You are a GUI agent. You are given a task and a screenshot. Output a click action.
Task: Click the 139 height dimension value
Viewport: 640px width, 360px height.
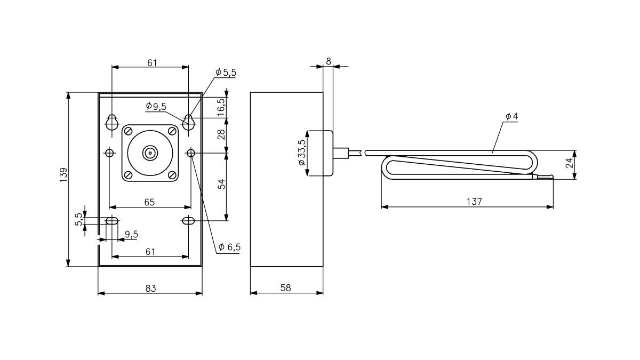63,176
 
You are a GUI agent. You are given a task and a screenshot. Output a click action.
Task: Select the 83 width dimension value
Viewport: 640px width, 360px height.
150,288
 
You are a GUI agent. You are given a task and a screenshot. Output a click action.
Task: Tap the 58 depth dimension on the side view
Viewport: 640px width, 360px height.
286,288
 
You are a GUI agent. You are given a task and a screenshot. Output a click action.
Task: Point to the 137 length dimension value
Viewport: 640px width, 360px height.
474,202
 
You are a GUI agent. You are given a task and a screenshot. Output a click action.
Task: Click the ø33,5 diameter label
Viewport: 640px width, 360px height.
302,153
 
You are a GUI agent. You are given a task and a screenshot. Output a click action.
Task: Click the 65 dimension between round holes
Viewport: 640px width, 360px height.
149,202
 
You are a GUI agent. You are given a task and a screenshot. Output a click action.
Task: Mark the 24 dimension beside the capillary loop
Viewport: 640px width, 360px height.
570,163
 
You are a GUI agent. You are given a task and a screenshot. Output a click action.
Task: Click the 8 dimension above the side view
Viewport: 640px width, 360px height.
328,61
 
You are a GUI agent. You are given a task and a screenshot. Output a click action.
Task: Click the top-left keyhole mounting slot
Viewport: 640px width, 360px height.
111,122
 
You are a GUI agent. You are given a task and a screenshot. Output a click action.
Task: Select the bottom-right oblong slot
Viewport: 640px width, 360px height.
189,221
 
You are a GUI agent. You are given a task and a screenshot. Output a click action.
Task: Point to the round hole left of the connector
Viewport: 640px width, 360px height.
109,154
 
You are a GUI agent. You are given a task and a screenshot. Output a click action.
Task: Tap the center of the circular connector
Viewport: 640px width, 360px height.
150,154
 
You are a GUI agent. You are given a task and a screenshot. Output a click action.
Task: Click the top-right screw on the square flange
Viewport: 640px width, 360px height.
172,131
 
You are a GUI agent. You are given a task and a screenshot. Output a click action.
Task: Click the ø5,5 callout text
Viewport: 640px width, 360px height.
226,73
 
